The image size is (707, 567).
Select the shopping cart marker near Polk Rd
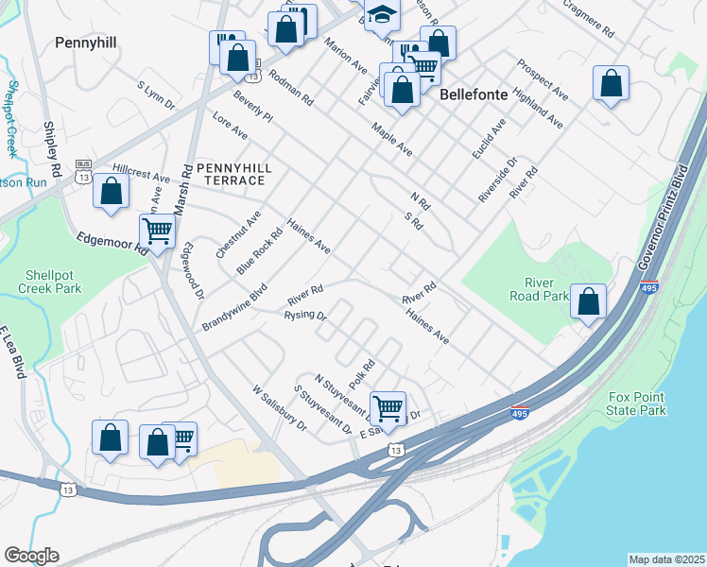click(x=388, y=407)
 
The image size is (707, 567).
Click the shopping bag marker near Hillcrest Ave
click(x=112, y=190)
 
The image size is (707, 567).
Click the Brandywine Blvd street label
click(x=234, y=307)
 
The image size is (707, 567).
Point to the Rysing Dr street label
click(x=304, y=315)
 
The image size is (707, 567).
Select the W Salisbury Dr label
click(x=280, y=406)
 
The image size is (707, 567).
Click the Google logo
click(x=30, y=556)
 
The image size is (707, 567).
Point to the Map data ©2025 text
click(x=666, y=559)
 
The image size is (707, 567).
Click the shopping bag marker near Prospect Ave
click(x=612, y=83)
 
